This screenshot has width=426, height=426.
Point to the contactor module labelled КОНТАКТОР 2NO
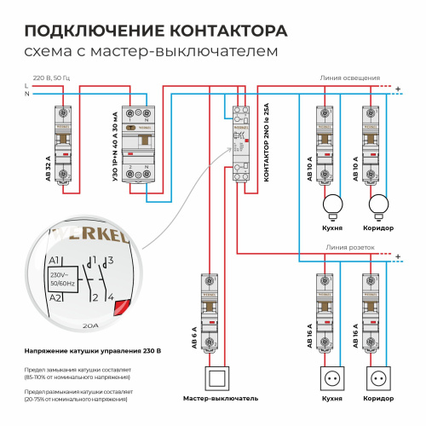[x=240, y=141]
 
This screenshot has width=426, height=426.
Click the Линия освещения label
[x=349, y=78]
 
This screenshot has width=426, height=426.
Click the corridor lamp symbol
[x=378, y=204]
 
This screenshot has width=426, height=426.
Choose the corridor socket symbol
[x=378, y=377]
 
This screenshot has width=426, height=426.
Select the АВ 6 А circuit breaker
[x=213, y=311]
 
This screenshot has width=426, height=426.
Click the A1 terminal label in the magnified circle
[x=55, y=260]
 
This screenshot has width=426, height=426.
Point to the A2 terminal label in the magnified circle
[x=55, y=297]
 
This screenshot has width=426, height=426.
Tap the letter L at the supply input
[x=27, y=86]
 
